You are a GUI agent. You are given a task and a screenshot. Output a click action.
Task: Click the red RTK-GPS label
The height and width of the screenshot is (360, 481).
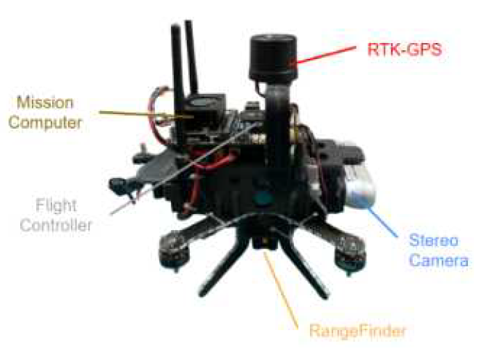(405, 49)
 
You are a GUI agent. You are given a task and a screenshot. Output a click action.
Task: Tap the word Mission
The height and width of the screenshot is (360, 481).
(45, 102)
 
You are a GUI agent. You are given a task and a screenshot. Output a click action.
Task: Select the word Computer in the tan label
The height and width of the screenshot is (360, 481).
(45, 122)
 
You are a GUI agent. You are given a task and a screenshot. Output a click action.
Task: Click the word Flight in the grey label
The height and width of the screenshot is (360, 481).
(56, 205)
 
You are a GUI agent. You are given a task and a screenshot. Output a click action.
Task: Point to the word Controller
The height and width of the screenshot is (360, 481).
(56, 225)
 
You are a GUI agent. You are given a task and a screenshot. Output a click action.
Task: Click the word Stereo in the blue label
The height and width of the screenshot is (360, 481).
(434, 240)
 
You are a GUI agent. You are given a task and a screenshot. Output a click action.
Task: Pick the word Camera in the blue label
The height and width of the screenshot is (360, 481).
(439, 261)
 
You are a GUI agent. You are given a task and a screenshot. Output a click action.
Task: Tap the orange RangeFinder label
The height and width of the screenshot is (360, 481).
(358, 331)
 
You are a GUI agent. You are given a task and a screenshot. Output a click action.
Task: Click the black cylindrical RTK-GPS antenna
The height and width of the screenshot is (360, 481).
(272, 59)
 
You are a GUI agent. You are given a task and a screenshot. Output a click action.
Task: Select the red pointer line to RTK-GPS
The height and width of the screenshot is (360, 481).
(326, 55)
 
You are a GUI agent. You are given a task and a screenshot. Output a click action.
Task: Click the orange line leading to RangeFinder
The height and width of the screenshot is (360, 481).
(281, 290)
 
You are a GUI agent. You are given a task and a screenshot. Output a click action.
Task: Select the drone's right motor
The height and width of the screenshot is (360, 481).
(349, 254)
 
